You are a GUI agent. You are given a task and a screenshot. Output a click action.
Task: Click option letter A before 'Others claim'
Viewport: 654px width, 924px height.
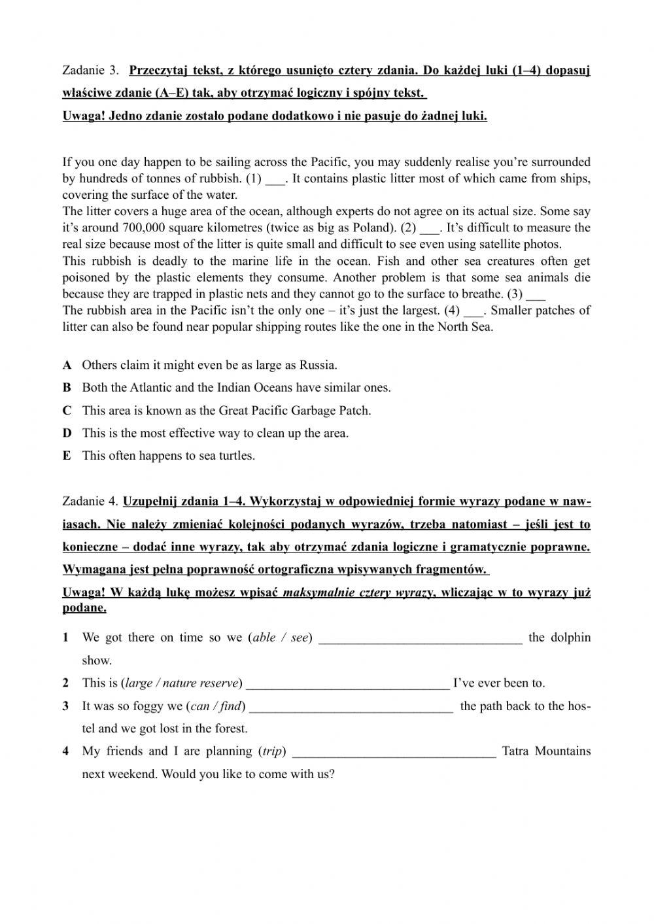point(67,365)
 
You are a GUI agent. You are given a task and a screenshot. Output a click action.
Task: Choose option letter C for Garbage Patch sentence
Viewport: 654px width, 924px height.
point(67,411)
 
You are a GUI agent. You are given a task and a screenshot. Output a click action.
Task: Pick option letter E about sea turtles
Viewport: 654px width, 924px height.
point(67,456)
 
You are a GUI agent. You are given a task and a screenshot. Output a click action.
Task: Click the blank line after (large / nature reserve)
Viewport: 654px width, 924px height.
point(347,684)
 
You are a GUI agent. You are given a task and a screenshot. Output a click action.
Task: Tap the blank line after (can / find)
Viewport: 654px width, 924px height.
point(351,707)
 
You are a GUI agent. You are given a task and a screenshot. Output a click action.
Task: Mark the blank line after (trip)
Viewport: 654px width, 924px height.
point(394,752)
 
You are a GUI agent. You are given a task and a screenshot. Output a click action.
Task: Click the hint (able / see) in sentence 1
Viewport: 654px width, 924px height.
point(280,638)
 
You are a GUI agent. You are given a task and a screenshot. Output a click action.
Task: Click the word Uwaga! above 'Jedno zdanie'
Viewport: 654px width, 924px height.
point(83,117)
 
